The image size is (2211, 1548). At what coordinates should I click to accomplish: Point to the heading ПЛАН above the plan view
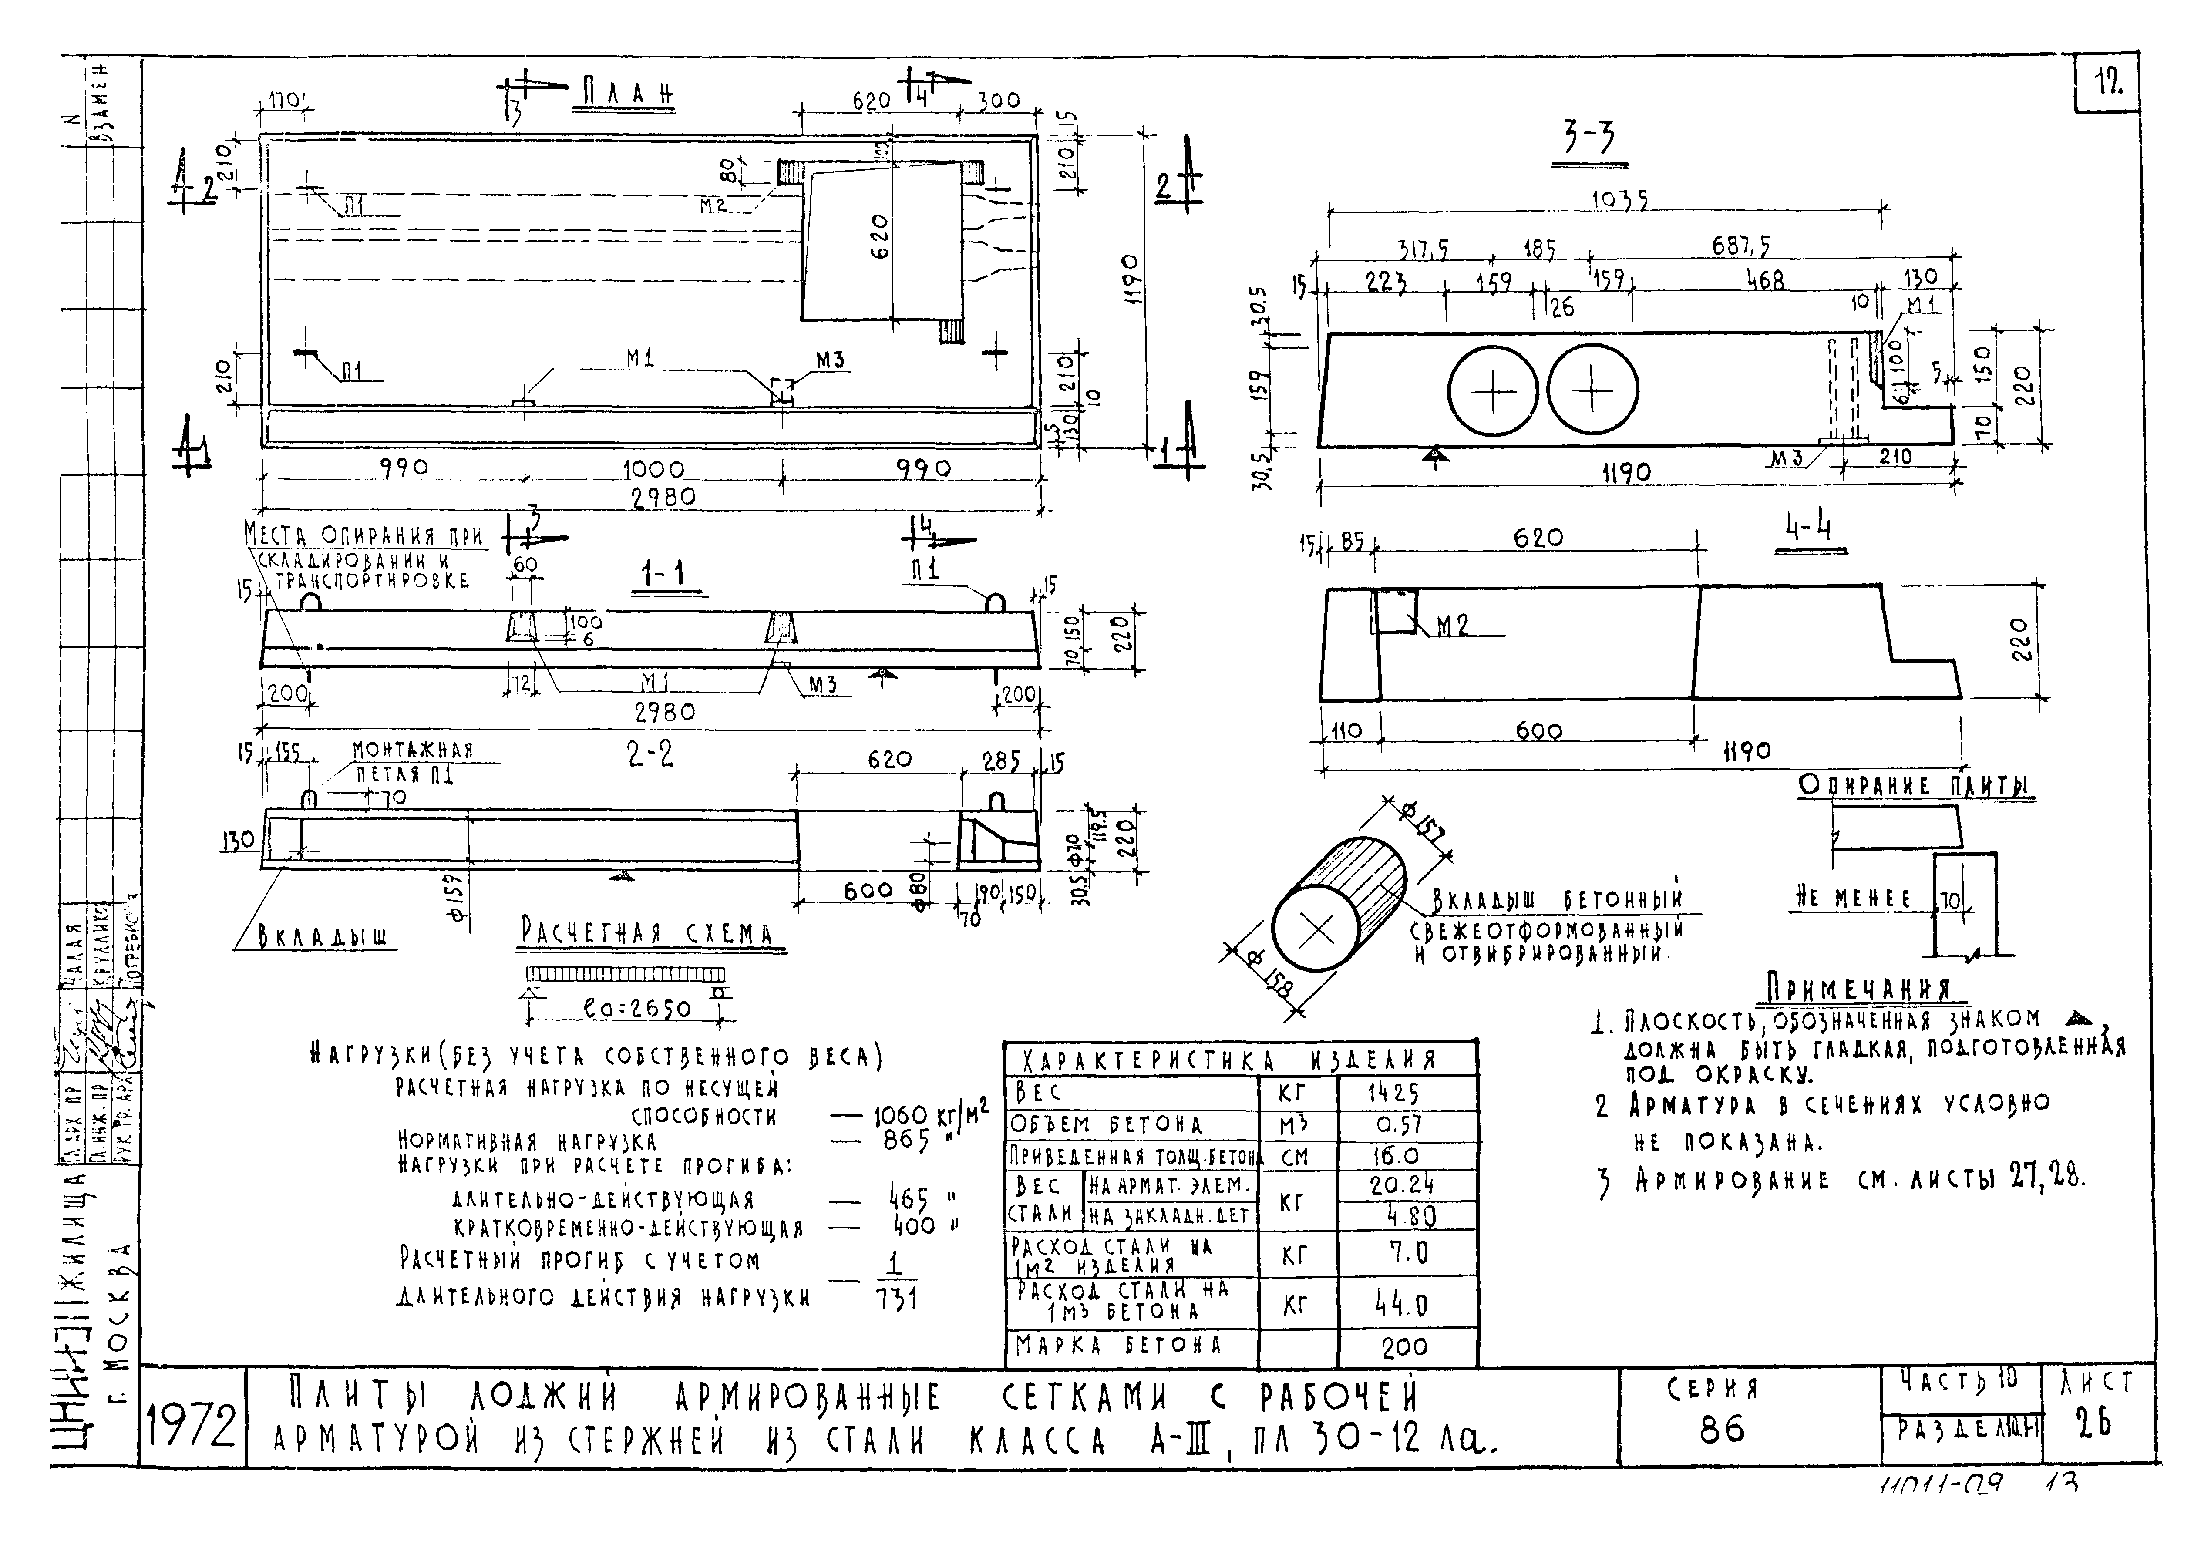[x=627, y=94]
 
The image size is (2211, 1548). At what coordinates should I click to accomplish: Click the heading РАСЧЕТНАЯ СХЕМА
[x=647, y=934]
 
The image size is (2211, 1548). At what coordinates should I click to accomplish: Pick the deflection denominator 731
[x=896, y=1299]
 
